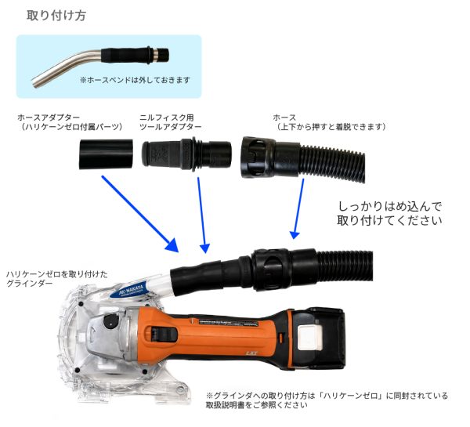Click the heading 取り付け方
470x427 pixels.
(x=56, y=16)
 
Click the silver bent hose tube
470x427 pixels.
(x=66, y=67)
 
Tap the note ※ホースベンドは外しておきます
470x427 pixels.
(x=135, y=80)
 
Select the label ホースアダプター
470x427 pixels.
(x=49, y=117)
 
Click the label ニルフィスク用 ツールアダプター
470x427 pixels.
(x=171, y=122)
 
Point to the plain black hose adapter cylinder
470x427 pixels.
(x=106, y=154)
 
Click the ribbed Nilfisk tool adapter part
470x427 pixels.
(x=186, y=154)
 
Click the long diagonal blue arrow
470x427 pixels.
(x=140, y=214)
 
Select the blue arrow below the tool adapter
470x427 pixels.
(x=202, y=215)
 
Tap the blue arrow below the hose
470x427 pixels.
(x=298, y=209)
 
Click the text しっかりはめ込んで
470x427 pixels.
(x=389, y=206)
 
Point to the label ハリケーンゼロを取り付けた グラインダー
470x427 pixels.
(x=57, y=279)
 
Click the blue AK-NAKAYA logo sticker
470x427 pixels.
(x=132, y=290)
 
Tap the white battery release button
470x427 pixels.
(x=309, y=338)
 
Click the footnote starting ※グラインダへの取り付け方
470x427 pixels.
(x=327, y=400)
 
